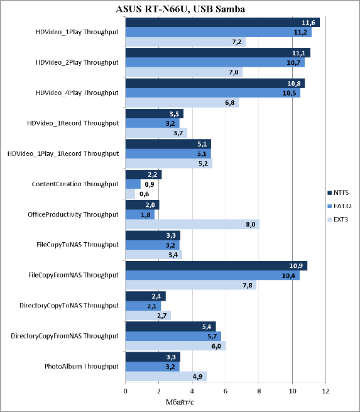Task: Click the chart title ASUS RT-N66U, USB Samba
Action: click(x=180, y=9)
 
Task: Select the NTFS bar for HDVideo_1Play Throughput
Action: click(x=222, y=23)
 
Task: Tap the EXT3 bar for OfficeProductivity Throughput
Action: click(x=192, y=225)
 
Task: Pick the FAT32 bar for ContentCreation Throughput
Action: click(x=133, y=184)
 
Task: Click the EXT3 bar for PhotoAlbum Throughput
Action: click(x=166, y=376)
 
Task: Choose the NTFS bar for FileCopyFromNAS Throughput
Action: click(x=216, y=265)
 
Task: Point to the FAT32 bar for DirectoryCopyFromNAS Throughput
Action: click(x=173, y=336)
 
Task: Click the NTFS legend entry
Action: click(x=338, y=192)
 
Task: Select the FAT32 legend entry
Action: click(x=339, y=206)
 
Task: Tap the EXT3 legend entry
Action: click(x=338, y=220)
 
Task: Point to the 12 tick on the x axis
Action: click(x=325, y=391)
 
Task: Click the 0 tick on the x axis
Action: click(x=126, y=391)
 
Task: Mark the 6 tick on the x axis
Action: click(x=226, y=391)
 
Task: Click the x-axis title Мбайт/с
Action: click(x=180, y=402)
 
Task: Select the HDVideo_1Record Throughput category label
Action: click(x=73, y=123)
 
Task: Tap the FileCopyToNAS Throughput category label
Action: click(x=78, y=245)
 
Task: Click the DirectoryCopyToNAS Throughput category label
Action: click(x=69, y=306)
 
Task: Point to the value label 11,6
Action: click(x=308, y=23)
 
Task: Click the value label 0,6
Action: click(x=145, y=194)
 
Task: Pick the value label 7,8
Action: click(x=248, y=286)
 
